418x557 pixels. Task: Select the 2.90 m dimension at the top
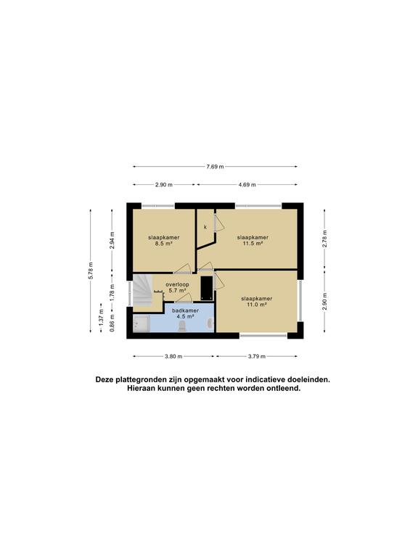pos(165,185)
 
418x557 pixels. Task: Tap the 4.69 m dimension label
pos(247,185)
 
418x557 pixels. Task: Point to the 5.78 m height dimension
pos(91,270)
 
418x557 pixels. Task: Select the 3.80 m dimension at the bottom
pos(173,356)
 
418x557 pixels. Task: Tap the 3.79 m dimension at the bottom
pos(256,356)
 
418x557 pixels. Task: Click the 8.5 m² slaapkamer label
pos(163,241)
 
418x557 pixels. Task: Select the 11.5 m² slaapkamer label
pos(253,241)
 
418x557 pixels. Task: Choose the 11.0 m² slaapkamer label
pos(257,302)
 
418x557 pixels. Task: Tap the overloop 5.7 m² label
pos(176,287)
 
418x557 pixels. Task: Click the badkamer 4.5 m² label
pos(185,313)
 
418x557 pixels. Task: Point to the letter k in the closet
pos(205,227)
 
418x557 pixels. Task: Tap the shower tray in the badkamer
pos(141,325)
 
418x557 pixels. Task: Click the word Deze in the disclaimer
pos(106,379)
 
